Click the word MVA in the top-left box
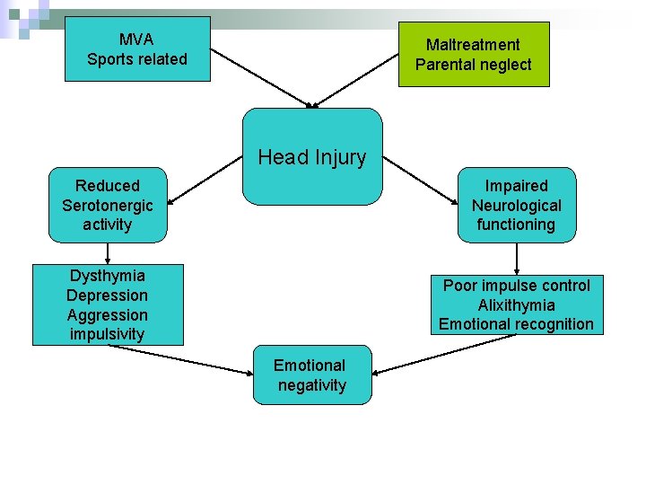pos(136,40)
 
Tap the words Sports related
pos(136,59)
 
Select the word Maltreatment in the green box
pos(473,45)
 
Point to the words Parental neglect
pos(473,65)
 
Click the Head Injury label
pos(312,157)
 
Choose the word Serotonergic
pos(108,206)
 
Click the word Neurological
pos(516,206)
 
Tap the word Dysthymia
pos(108,276)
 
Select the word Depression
pos(108,295)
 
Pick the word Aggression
pos(108,315)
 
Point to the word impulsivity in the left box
pos(108,335)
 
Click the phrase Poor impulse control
pos(516,286)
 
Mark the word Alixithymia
pos(516,305)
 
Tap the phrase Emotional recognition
pos(516,324)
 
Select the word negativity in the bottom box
pos(311,385)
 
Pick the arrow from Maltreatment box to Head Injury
pos(357,79)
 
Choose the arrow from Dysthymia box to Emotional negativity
pos(179,358)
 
